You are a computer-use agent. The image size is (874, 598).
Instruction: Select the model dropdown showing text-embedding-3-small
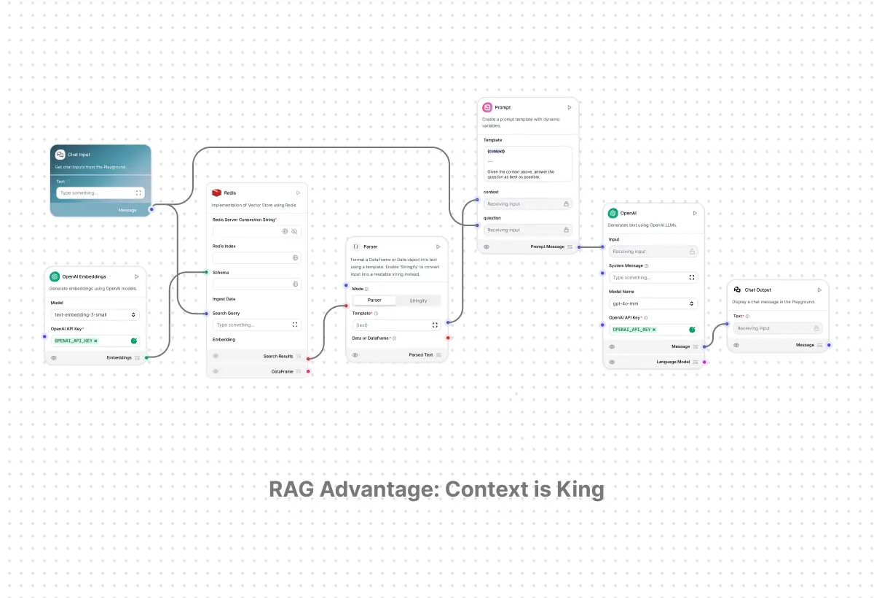coord(95,315)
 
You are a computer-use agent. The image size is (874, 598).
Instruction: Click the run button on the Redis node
coord(298,193)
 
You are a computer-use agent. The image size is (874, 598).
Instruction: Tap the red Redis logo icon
coord(216,193)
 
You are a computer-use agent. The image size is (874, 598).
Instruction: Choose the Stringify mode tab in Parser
coord(418,300)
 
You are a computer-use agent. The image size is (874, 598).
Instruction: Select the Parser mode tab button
coord(374,300)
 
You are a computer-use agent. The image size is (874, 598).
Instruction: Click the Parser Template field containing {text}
coord(392,325)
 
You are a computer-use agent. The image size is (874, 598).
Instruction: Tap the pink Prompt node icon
coord(487,107)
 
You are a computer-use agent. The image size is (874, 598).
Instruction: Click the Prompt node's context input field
coord(524,204)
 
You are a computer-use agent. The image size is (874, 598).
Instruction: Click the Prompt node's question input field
coord(524,230)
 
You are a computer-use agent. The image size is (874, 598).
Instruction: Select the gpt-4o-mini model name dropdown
coord(653,303)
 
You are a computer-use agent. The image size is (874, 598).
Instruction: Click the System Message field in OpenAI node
coord(648,278)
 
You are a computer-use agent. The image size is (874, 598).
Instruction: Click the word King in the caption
coord(580,489)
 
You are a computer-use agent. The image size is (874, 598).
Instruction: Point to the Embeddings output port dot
coord(146,357)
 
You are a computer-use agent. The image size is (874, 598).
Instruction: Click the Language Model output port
coord(704,362)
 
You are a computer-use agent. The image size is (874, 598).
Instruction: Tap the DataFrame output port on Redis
coord(308,371)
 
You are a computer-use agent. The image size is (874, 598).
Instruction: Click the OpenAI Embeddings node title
coord(84,276)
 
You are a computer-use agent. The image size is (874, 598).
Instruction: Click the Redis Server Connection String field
coord(246,231)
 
